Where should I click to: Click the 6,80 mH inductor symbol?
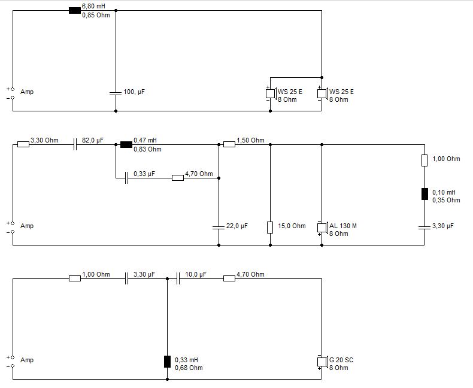[x=75, y=11]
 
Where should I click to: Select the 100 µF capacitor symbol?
[x=116, y=93]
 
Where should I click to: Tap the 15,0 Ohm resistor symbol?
[x=270, y=227]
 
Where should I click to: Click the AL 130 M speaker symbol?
[x=322, y=227]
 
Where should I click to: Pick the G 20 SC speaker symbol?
[x=322, y=361]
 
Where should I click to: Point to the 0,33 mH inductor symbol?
[x=167, y=362]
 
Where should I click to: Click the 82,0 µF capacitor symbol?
[x=75, y=144]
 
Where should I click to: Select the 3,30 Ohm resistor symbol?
[x=23, y=144]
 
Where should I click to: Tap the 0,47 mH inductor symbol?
[x=126, y=144]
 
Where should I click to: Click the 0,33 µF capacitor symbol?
[x=127, y=178]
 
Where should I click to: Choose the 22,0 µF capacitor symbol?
[x=219, y=227]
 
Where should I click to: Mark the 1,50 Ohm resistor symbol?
[x=229, y=144]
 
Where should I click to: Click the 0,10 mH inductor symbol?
[x=425, y=194]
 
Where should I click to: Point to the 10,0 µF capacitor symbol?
[x=178, y=278]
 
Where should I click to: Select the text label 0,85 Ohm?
[x=96, y=15]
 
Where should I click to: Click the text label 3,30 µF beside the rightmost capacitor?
[x=443, y=226]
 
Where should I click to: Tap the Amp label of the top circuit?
[x=27, y=92]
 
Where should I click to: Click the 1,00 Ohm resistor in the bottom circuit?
[x=75, y=278]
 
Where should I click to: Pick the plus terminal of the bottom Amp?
[x=13, y=357]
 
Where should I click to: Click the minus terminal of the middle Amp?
[x=13, y=232]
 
